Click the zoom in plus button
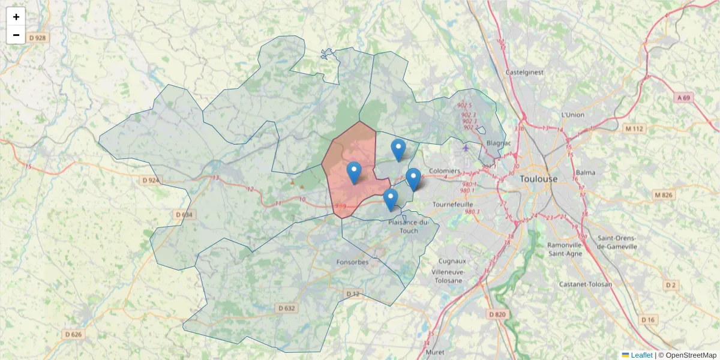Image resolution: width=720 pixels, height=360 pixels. coord(16,17)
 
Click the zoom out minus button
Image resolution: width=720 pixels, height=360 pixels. coord(16,35)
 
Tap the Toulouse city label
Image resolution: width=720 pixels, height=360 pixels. coord(538,179)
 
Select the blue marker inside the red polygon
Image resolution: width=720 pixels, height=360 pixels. coord(354,173)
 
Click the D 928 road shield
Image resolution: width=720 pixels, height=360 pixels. coord(37,38)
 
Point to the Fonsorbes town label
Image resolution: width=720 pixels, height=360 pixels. coord(352,262)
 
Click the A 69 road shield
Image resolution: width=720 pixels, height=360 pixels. coord(684,97)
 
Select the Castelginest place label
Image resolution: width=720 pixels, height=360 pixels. coord(524,72)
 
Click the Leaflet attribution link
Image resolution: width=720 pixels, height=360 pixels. coord(641,355)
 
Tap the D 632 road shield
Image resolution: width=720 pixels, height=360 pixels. coord(287,308)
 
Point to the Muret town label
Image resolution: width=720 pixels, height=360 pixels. coord(435,352)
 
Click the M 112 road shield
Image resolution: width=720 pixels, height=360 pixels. coord(633,128)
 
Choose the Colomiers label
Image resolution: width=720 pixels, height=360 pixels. coord(445,171)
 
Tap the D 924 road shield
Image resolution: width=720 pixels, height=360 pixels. coord(151,180)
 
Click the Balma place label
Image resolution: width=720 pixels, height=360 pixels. coord(585,173)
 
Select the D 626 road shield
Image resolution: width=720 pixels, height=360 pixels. coord(73,334)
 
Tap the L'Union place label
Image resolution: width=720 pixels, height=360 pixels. coord(572,115)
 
